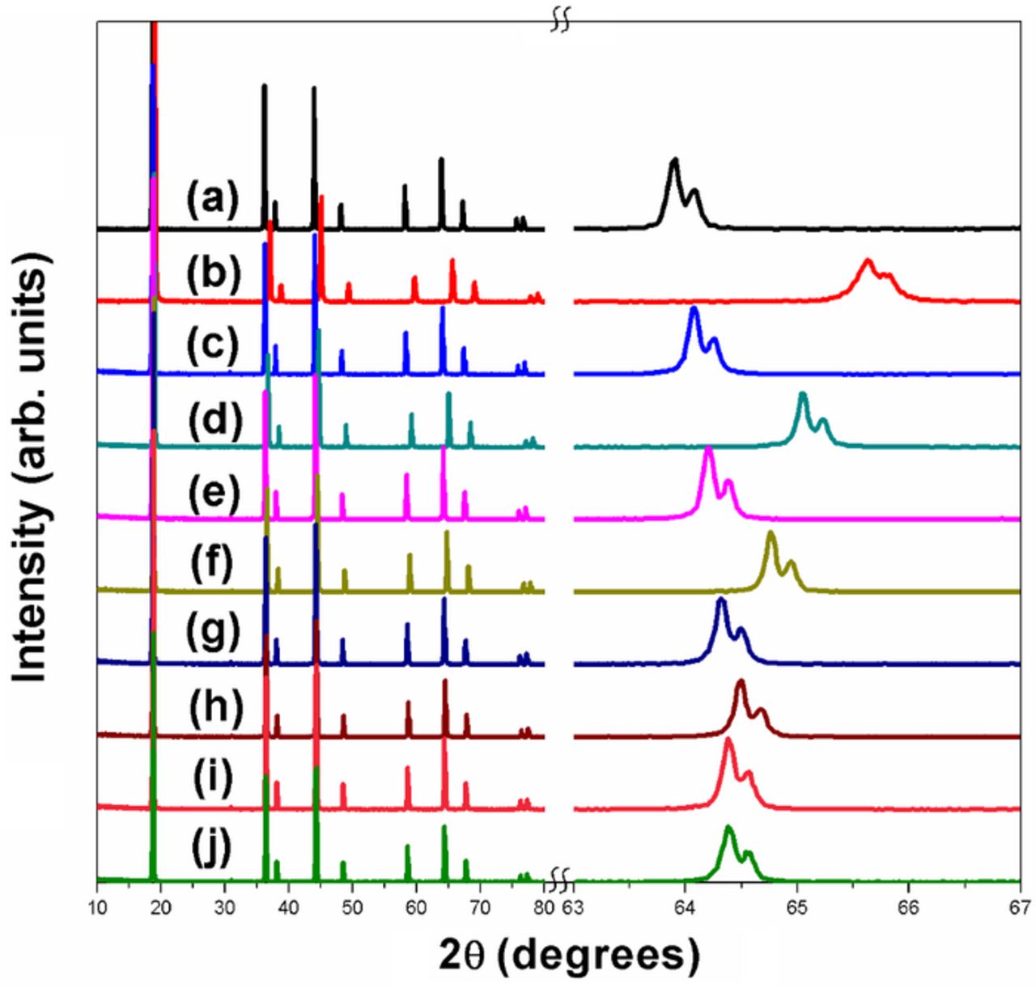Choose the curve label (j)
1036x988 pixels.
coord(212,850)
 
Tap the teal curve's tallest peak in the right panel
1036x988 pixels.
coord(803,394)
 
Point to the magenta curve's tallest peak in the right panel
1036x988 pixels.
coord(709,449)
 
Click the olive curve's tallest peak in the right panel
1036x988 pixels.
coord(771,533)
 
